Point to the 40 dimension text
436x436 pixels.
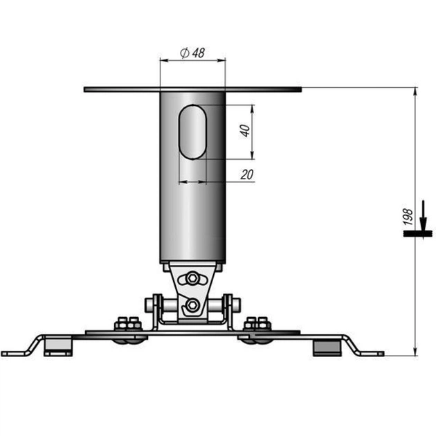[x=244, y=131]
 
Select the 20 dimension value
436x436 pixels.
[x=246, y=174]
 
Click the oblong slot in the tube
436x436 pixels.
[x=193, y=132]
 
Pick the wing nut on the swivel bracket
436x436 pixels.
[x=192, y=280]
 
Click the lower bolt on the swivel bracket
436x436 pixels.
[x=192, y=305]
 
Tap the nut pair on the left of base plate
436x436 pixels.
[x=128, y=323]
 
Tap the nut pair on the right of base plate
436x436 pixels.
[x=257, y=323]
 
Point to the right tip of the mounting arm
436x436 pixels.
[x=381, y=354]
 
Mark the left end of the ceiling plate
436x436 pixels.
[x=86, y=89]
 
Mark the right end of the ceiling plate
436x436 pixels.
[x=300, y=89]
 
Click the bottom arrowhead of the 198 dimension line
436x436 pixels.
[x=414, y=350]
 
